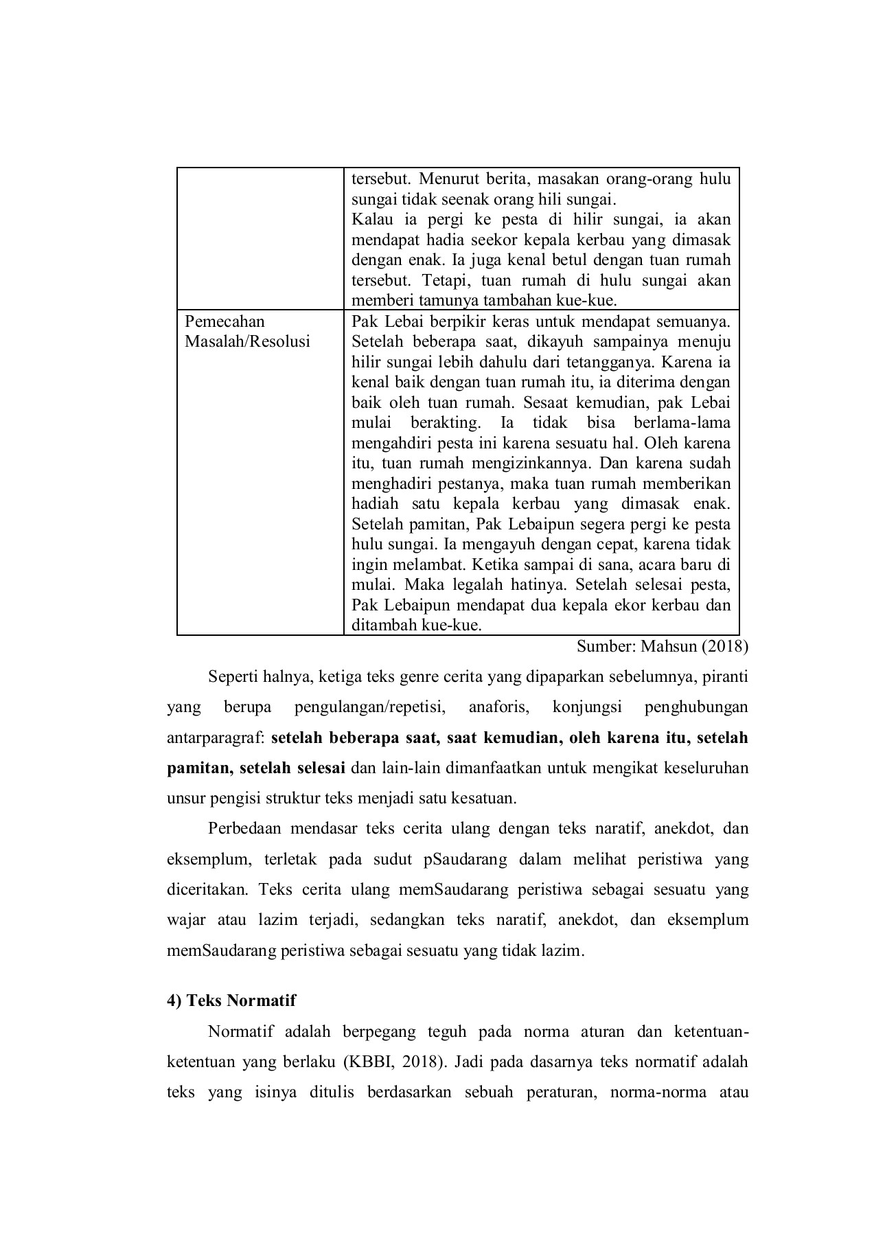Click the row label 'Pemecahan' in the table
pyautogui.click(x=225, y=321)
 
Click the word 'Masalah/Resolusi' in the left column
pyautogui.click(x=247, y=341)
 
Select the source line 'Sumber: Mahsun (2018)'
pyautogui.click(x=662, y=646)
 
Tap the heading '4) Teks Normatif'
pyautogui.click(x=231, y=1000)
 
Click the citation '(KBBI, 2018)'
pyautogui.click(x=392, y=1062)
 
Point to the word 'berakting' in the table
pyautogui.click(x=446, y=422)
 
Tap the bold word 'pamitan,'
pyautogui.click(x=198, y=768)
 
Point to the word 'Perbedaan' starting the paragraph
pyautogui.click(x=244, y=828)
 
